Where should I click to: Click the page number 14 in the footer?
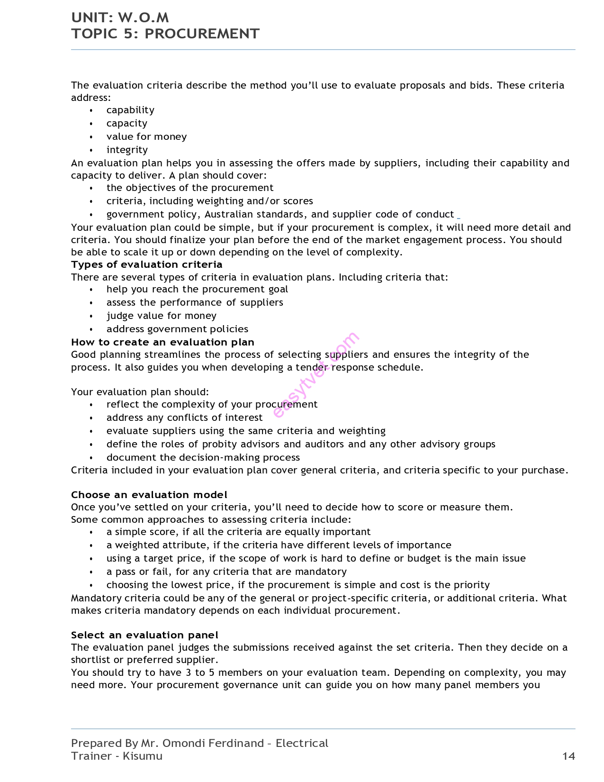[568, 756]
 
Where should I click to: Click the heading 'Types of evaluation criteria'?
[146, 264]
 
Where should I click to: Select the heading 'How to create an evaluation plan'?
[162, 342]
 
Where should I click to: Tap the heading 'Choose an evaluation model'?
[149, 495]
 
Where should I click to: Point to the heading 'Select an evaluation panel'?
[144, 635]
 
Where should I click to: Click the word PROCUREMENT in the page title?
[202, 34]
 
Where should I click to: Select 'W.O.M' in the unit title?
[143, 18]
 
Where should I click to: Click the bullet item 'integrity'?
[127, 150]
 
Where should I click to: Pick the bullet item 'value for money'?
[146, 136]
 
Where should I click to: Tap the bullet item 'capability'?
[130, 110]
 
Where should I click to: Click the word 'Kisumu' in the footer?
[142, 756]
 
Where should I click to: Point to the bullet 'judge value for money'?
[161, 316]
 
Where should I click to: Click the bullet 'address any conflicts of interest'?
[184, 418]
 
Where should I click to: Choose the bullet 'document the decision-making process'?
[203, 457]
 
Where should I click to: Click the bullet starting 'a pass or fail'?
[226, 572]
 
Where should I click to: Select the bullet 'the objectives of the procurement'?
[189, 188]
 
